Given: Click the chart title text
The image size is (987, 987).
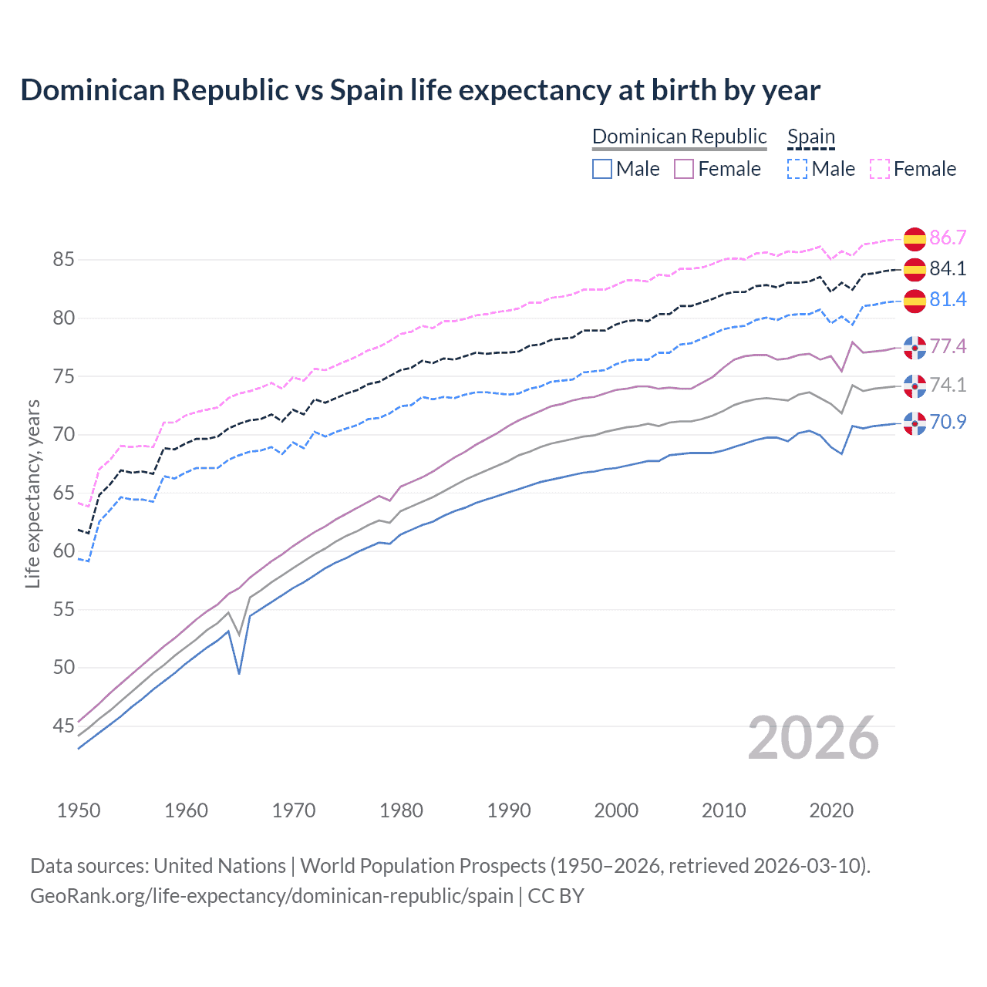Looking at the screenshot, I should (420, 90).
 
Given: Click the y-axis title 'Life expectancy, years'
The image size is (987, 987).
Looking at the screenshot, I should (32, 493).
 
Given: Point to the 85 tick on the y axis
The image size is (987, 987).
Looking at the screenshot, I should (63, 260).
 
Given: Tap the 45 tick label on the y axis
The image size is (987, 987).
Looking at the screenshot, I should (63, 726).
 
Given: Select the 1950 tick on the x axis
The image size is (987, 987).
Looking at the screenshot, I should (79, 810).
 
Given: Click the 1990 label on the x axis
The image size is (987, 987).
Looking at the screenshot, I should (509, 810).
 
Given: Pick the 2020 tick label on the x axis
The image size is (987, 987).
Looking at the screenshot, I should (831, 810).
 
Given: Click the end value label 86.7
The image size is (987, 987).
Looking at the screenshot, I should (948, 237).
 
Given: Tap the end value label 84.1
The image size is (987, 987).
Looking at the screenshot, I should (948, 268).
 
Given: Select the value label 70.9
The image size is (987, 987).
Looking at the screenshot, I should (948, 422).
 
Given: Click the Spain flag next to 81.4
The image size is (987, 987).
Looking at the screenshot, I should (915, 301).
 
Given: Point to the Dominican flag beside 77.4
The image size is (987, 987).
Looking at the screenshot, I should (915, 348).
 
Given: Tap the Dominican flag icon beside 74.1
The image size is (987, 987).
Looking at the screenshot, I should (915, 386).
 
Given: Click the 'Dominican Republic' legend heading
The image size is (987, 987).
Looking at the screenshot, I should (679, 136).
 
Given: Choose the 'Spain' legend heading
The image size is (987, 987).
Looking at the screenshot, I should (811, 136).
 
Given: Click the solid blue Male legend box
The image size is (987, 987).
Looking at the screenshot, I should (602, 169).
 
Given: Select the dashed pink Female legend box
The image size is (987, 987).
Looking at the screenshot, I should (880, 169).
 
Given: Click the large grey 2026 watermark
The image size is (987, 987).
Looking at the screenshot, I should (814, 738).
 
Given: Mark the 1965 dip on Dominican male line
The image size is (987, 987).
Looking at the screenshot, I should (239, 673).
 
